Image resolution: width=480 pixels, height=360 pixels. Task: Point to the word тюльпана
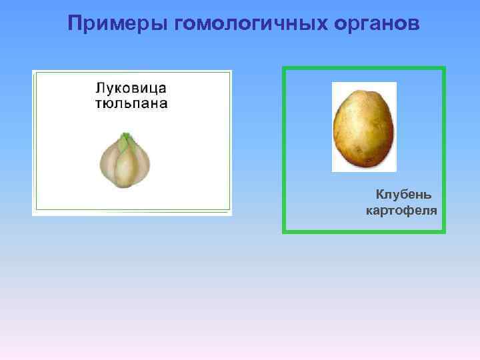(x=131, y=103)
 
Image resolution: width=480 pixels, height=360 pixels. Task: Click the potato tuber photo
(x=364, y=127)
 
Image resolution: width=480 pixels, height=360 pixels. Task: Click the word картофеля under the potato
(x=401, y=211)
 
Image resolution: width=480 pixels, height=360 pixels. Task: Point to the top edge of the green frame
(x=364, y=68)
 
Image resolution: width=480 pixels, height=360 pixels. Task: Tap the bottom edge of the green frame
(x=364, y=231)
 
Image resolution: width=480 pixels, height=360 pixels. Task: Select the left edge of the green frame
(x=284, y=150)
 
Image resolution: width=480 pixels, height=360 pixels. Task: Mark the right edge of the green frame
(x=443, y=150)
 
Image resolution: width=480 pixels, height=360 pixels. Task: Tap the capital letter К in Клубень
(x=379, y=195)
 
